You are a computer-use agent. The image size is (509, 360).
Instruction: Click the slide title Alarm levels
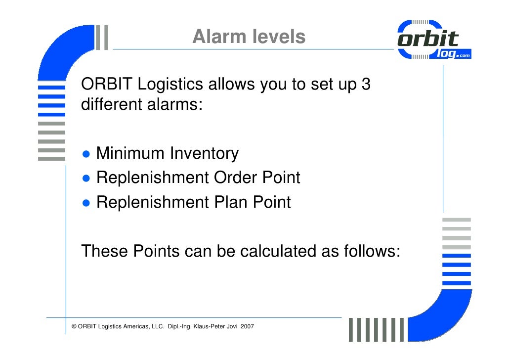[x=249, y=37]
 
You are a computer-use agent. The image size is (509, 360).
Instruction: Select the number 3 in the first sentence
[x=366, y=85]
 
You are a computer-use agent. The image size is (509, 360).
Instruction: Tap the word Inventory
[x=204, y=154]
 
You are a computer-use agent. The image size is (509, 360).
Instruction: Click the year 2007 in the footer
[x=247, y=327]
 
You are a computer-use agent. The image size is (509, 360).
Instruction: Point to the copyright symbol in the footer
[x=74, y=327]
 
